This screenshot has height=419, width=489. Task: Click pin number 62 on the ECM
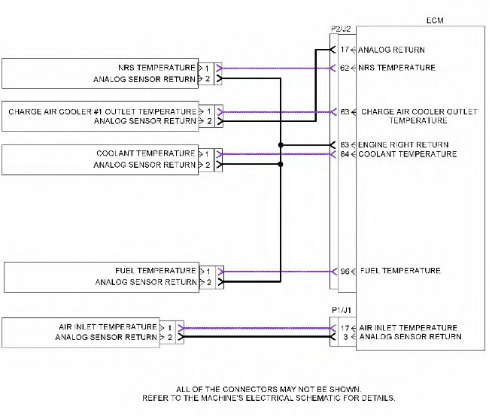[x=345, y=68]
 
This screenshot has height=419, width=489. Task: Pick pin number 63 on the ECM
[x=345, y=112]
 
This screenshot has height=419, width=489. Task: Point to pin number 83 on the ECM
[x=345, y=144]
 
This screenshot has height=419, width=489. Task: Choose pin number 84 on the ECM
[x=345, y=154]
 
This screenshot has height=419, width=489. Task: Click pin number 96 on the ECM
[x=345, y=271]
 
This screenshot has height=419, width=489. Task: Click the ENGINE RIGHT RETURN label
[x=404, y=144]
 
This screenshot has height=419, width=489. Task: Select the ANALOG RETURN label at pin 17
[x=391, y=50]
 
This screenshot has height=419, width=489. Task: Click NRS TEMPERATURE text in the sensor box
[x=157, y=68]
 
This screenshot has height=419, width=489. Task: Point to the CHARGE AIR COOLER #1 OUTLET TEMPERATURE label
[x=102, y=111]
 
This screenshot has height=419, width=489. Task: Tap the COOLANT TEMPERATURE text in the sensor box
[x=146, y=153]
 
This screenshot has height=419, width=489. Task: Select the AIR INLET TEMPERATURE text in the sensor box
[x=108, y=327]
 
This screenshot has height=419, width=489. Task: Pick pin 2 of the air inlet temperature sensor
[x=171, y=338]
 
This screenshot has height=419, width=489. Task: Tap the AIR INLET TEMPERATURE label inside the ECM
[x=408, y=328]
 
